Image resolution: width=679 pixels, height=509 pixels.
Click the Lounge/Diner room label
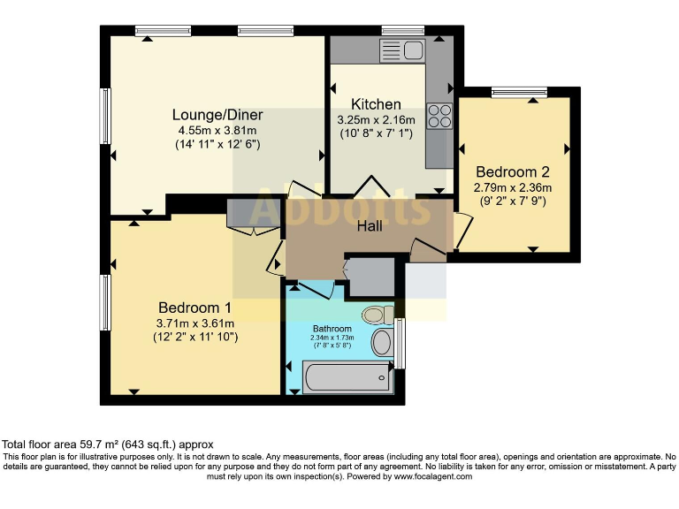217,115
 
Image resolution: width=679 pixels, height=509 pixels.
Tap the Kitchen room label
376,104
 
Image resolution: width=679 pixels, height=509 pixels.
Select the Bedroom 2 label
513,171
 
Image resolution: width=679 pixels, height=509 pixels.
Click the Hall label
370,226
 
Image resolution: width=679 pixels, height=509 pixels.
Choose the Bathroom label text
331,330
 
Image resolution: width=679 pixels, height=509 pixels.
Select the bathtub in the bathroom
347,378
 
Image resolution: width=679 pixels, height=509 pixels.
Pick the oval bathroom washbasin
383,342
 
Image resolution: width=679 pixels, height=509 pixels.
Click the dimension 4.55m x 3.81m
217,130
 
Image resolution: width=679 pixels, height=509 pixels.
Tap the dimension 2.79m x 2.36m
513,187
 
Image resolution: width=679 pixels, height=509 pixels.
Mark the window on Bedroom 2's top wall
519,91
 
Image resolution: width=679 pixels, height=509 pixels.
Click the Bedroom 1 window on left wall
105,302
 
